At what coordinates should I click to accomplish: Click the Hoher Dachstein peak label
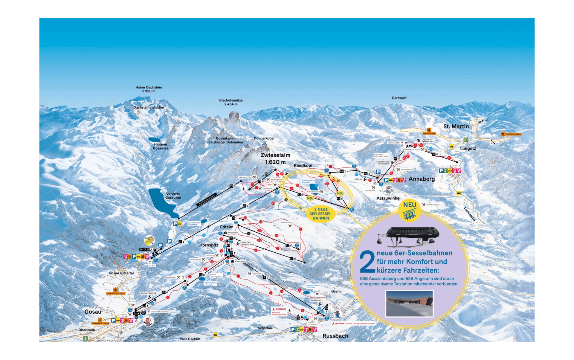[149, 89]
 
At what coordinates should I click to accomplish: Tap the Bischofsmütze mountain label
[231, 102]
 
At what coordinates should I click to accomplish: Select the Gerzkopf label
[399, 98]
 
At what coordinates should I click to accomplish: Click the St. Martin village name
[456, 126]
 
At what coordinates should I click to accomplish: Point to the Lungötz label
[468, 149]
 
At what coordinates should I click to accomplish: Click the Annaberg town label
[422, 179]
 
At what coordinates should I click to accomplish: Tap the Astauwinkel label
[388, 198]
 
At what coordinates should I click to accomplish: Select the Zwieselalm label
[275, 158]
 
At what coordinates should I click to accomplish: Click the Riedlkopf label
[303, 165]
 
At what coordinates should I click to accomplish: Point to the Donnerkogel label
[264, 138]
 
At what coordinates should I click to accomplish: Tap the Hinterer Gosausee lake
[154, 140]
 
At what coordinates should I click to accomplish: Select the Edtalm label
[227, 227]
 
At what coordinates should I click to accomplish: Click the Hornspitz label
[209, 245]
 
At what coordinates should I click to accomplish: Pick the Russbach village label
[335, 336]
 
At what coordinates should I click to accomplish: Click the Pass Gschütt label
[190, 339]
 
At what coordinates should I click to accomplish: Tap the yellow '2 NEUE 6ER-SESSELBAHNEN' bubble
[321, 214]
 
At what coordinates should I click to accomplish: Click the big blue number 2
[367, 262]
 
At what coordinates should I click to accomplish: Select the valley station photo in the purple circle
[409, 303]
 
